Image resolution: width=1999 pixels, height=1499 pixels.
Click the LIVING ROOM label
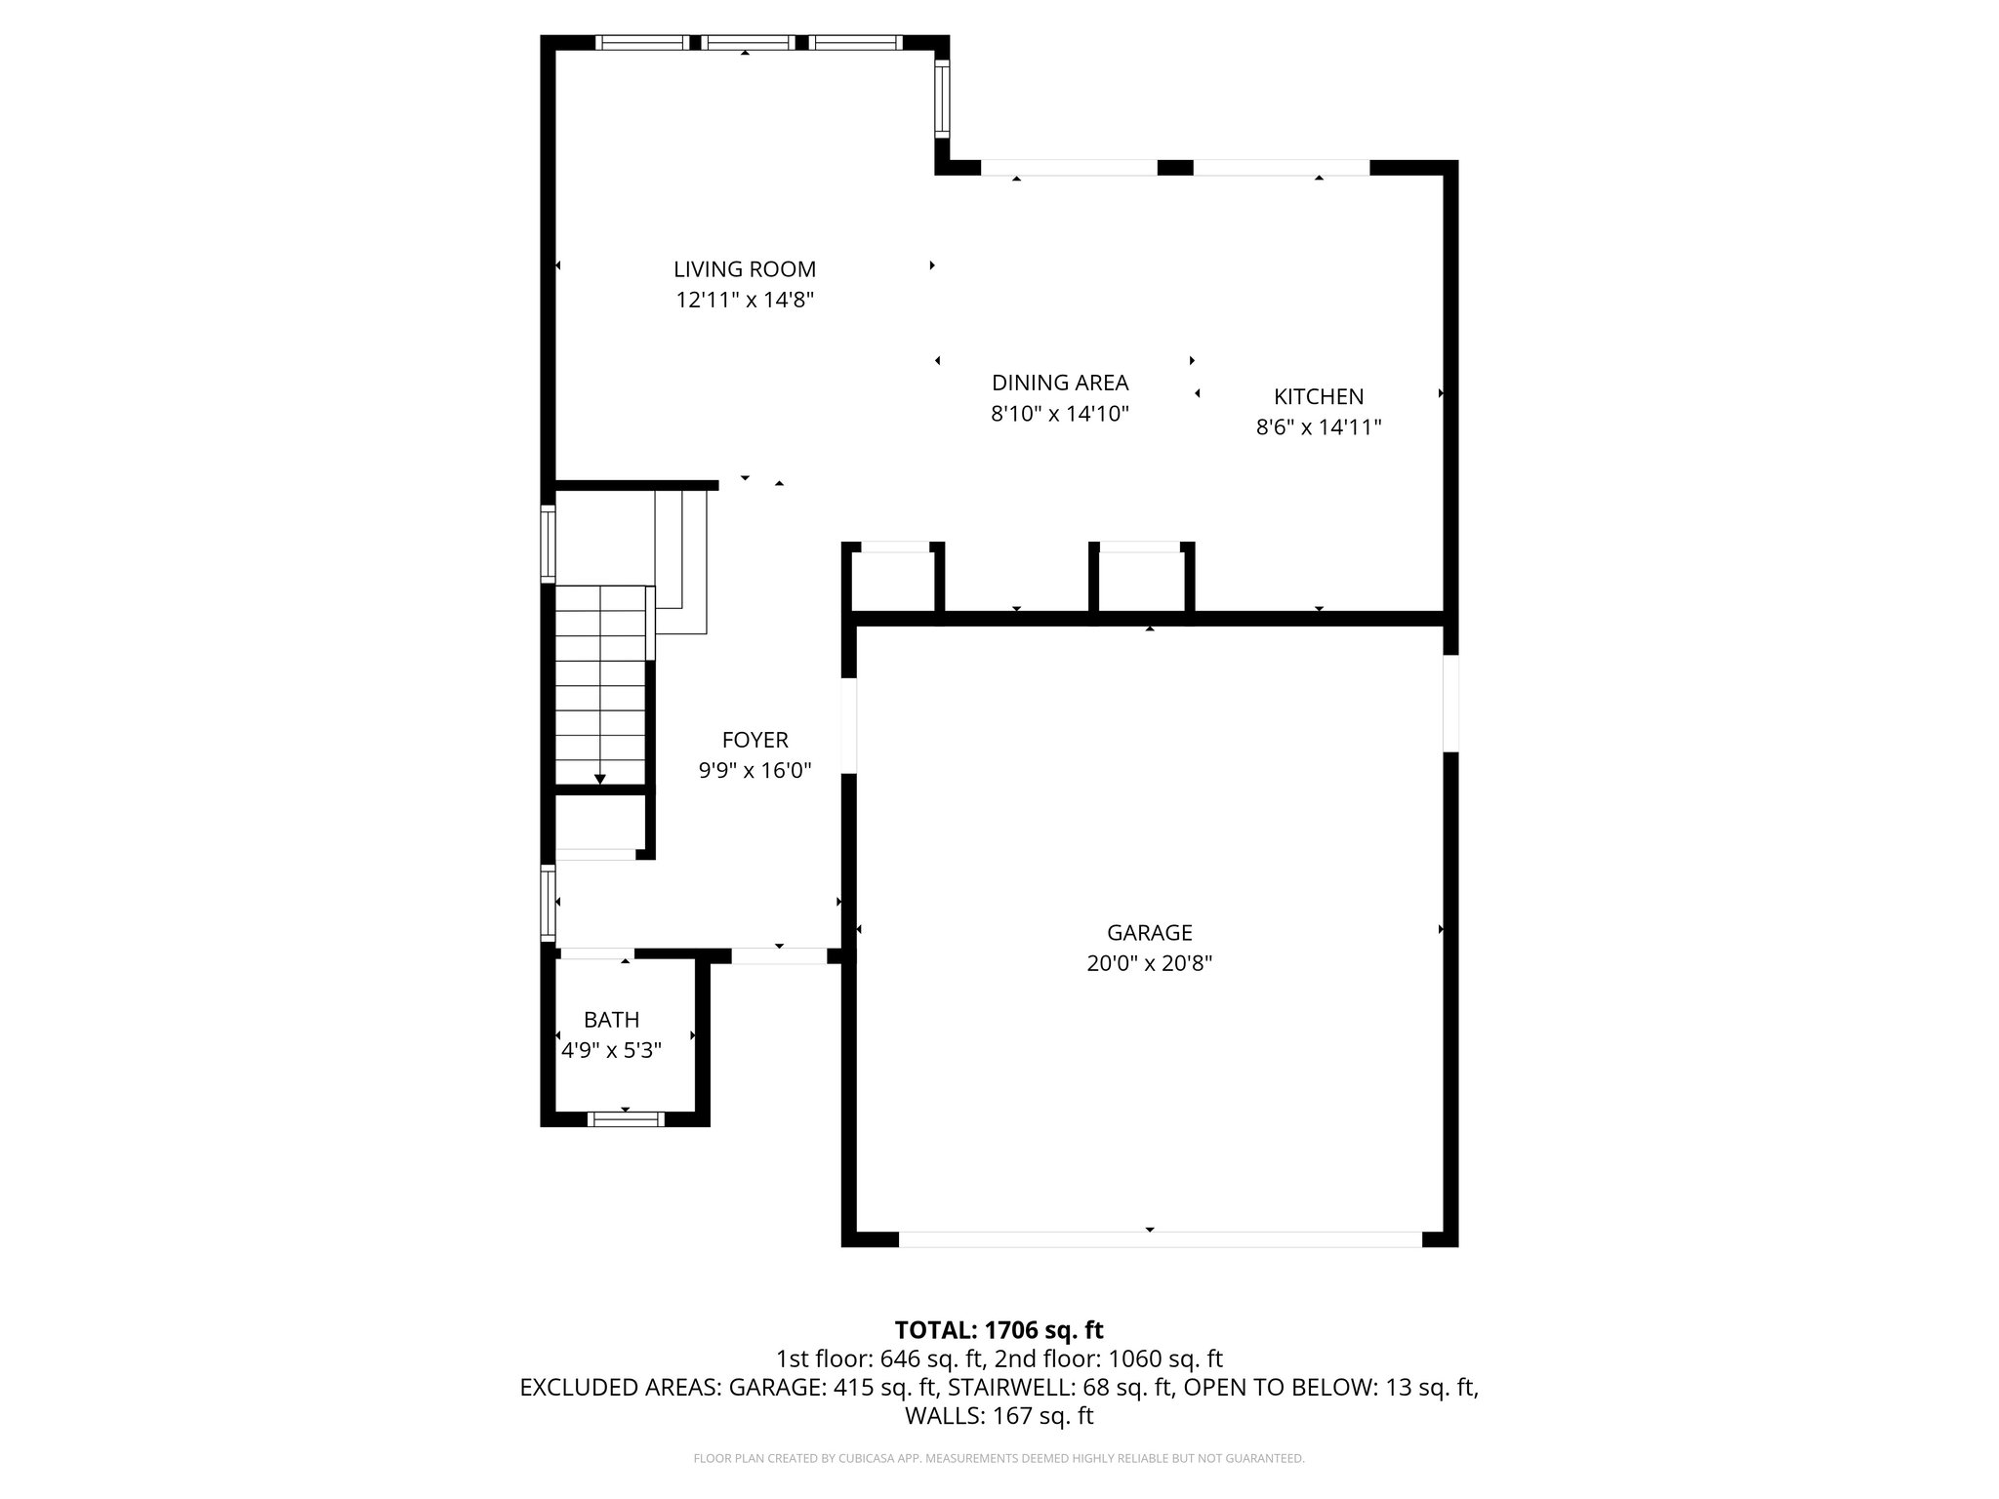[x=744, y=269]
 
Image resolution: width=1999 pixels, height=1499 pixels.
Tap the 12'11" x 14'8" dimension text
[x=744, y=300]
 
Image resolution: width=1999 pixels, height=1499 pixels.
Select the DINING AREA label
[x=1059, y=383]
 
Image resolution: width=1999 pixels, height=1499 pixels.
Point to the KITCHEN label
[x=1318, y=396]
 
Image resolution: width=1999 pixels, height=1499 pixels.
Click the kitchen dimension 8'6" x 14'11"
[x=1318, y=426]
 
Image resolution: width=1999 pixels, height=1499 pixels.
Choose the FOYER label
[x=755, y=740]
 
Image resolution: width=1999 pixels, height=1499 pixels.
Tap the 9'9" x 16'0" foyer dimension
[x=755, y=771]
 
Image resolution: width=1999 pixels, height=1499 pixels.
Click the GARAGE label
[x=1149, y=933]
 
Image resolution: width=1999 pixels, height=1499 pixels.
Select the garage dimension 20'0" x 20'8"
[x=1149, y=964]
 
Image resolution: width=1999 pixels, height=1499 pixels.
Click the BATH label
[x=611, y=1020]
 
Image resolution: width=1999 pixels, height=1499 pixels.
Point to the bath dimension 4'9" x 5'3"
[x=611, y=1051]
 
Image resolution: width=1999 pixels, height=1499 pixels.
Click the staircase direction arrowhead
[x=599, y=778]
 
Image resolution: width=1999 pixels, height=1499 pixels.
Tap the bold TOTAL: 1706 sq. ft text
[x=999, y=1329]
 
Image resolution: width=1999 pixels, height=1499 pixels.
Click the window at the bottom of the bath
[x=625, y=1119]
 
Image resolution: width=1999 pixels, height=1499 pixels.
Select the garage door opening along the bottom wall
[x=1159, y=1239]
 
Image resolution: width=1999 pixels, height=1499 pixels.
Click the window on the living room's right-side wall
[x=941, y=99]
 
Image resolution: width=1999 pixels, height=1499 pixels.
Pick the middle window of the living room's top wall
[x=747, y=42]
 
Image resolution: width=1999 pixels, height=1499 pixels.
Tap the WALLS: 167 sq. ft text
[x=999, y=1416]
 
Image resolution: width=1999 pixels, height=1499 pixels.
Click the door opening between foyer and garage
[x=848, y=725]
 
